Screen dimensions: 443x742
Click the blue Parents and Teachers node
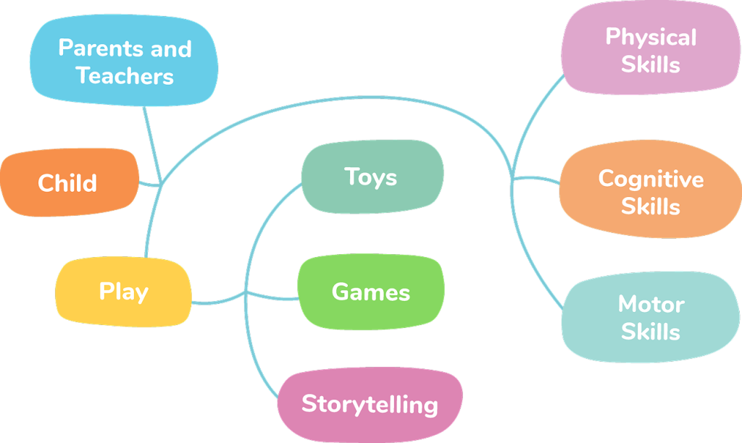pos(124,62)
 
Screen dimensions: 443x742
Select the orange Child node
pos(67,182)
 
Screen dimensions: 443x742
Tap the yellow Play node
pos(123,292)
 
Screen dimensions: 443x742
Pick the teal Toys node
pos(371,177)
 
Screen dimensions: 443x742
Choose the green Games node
pos(370,292)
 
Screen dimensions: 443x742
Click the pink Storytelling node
pos(370,403)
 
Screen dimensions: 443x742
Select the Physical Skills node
pos(651,50)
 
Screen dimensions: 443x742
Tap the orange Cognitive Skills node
pos(651,192)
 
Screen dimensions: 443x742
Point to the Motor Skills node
pos(651,318)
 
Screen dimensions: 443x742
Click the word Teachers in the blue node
pos(125,76)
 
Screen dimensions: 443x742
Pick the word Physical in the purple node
pos(651,37)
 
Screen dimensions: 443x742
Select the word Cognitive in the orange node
pos(651,179)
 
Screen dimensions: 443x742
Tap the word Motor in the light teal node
pos(651,304)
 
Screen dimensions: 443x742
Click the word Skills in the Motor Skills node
pos(651,332)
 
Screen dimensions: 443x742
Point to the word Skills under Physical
pos(651,64)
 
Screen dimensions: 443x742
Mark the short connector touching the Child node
pos(149,184)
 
